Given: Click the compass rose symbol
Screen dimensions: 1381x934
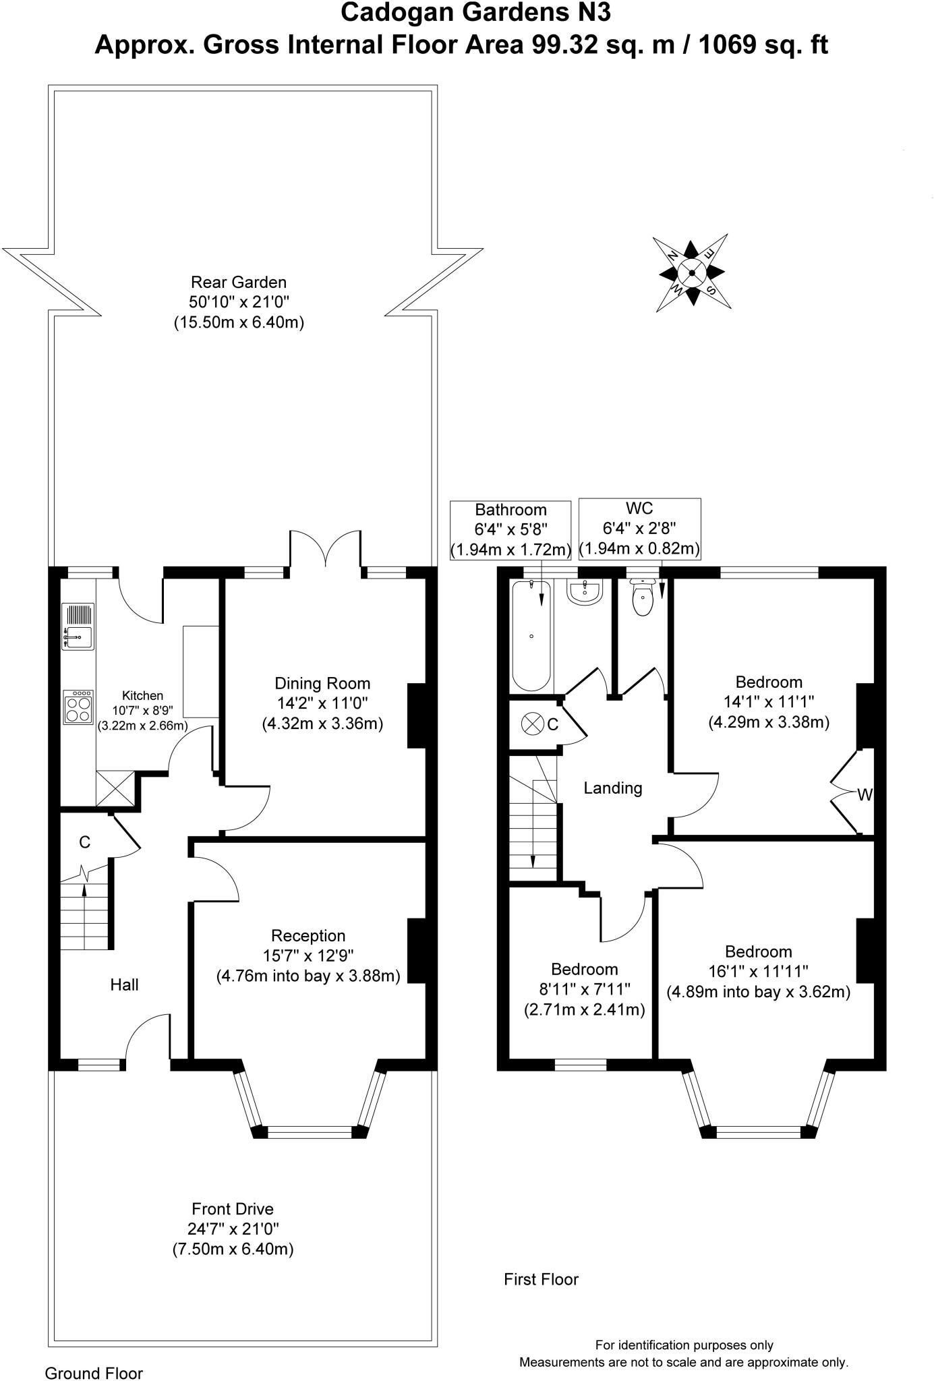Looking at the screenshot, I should tap(692, 272).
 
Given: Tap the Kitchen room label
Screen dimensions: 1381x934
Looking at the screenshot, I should tap(142, 695).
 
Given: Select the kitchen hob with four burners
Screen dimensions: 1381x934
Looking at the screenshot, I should tap(78, 707).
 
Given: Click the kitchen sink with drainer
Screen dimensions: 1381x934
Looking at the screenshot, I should tap(78, 626).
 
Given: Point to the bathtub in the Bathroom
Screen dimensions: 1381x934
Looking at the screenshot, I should tap(531, 636).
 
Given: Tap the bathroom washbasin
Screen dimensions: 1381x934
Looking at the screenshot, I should tap(585, 593).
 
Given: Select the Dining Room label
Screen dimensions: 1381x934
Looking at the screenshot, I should tap(322, 682).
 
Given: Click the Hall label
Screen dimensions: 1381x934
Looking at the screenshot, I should tap(124, 985).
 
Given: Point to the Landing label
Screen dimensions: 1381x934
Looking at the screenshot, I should tap(612, 788).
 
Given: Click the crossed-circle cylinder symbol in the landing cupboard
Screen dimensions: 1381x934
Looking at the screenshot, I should tap(533, 724).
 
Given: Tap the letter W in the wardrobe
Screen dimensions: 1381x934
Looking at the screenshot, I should tap(865, 795).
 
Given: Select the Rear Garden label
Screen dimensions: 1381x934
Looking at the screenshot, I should tap(239, 282).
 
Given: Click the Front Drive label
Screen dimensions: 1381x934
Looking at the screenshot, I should tap(233, 1209).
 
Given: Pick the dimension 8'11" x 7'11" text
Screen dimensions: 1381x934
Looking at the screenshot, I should tap(584, 989).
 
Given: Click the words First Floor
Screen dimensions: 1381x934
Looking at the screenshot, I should tap(541, 1279).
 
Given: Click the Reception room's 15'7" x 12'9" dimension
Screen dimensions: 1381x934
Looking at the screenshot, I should tap(308, 955).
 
